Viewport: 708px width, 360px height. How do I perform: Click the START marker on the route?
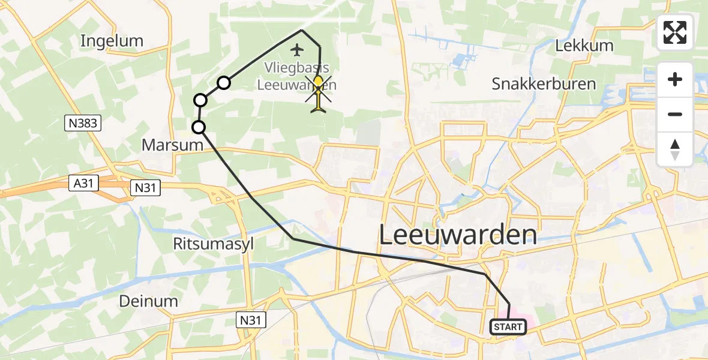[x=509, y=327]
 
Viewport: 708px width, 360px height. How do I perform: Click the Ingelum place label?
[x=112, y=41]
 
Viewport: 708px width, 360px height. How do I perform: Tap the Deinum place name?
[x=148, y=301]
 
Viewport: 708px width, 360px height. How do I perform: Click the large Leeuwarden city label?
[x=458, y=235]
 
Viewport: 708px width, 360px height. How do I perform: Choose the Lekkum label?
[x=584, y=46]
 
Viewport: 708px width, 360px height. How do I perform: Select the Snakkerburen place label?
[x=544, y=83]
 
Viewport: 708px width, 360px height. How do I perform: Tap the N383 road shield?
[x=83, y=124]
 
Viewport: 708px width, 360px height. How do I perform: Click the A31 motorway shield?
[x=83, y=183]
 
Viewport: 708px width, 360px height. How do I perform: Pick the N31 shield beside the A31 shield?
[x=146, y=188]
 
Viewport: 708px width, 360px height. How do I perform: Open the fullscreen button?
[x=675, y=32]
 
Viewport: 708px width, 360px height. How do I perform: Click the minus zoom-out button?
[x=675, y=114]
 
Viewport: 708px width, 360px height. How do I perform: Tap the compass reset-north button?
[x=675, y=149]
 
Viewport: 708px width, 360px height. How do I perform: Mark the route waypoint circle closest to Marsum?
[x=199, y=127]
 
